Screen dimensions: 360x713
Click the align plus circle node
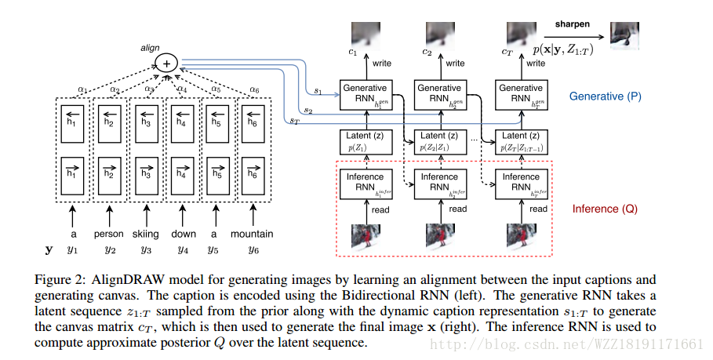point(166,65)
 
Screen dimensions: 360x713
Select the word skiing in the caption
point(146,234)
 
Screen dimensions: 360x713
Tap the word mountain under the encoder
point(252,234)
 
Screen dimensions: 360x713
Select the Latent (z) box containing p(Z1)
point(365,142)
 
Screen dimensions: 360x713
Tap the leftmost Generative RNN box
point(365,94)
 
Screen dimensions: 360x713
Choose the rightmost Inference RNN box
point(520,183)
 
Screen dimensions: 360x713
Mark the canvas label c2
point(427,53)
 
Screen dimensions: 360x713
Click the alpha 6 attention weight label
point(255,89)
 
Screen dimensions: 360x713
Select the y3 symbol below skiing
point(146,250)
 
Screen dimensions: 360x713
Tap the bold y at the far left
point(49,250)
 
